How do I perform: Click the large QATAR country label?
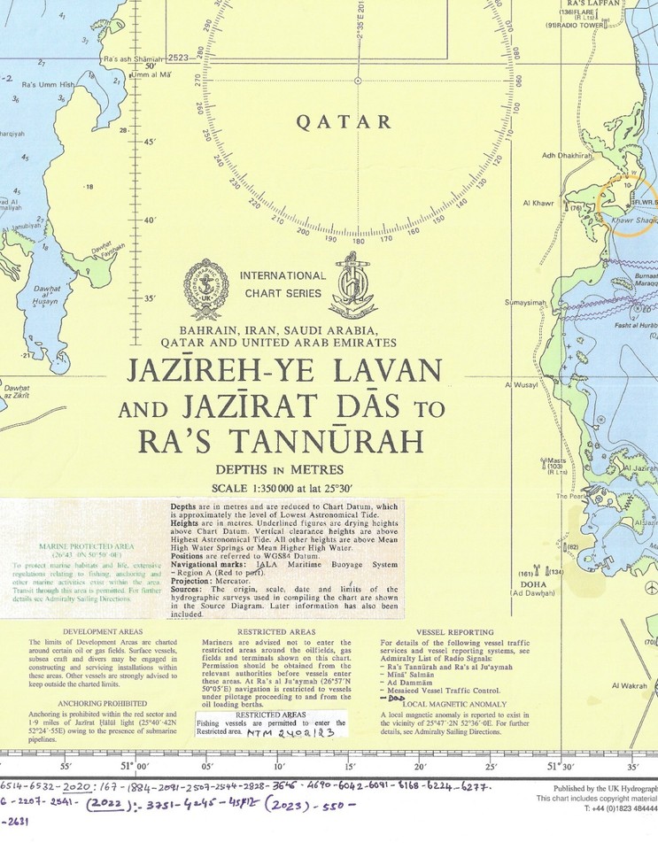point(356,123)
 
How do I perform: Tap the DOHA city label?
point(533,584)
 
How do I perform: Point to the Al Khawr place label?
point(538,203)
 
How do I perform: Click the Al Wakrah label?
point(630,685)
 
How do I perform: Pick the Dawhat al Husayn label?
point(45,296)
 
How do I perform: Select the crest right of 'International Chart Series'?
point(355,286)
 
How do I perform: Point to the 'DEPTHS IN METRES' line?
point(280,469)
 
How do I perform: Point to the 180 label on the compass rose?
point(358,240)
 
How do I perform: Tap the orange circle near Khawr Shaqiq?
point(624,207)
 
